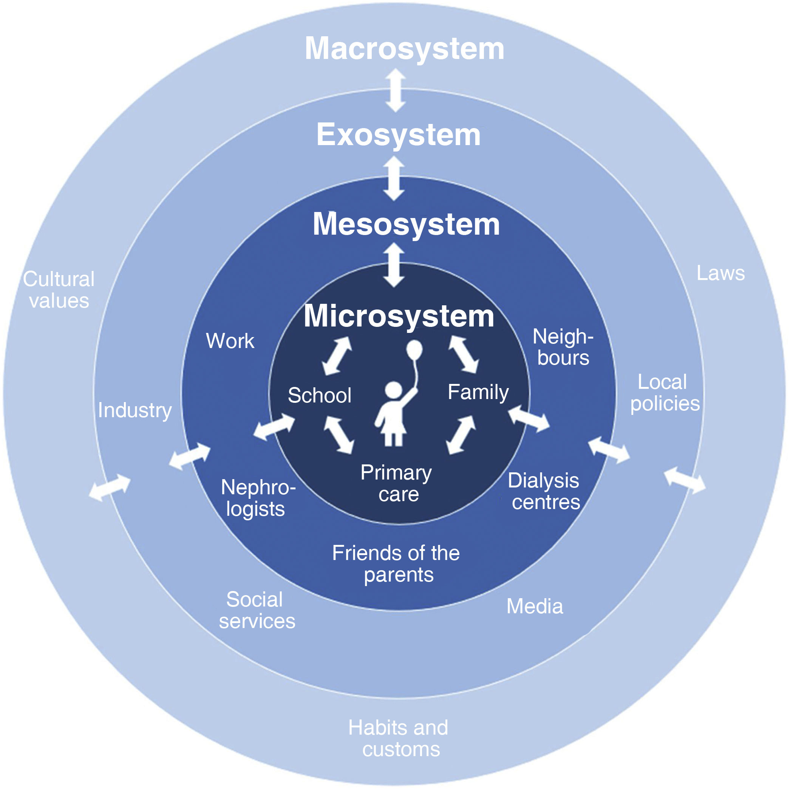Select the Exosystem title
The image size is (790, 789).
coord(398,135)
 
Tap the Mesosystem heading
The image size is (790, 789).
coord(406,224)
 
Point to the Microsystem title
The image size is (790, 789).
coord(399,316)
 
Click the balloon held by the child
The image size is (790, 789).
coord(414,350)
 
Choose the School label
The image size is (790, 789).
coord(319,395)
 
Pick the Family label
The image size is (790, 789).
coord(478,392)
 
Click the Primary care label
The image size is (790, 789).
coord(397,483)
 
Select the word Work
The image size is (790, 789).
coord(230,341)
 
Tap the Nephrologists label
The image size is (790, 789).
coord(258,498)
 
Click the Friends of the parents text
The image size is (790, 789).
coord(396,564)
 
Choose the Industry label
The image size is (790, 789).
coord(135,410)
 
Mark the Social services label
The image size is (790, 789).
coord(257,610)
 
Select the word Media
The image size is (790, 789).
coord(535,606)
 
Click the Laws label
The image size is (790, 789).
coord(720,273)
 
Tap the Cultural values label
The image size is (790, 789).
coord(59,290)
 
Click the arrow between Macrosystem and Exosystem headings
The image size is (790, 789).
coord(396,90)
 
